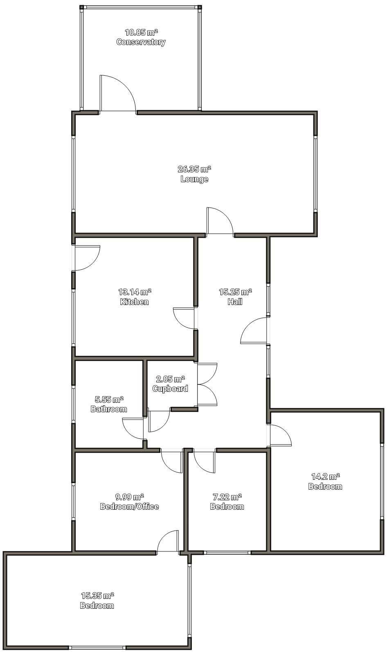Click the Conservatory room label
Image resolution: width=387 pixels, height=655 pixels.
(x=141, y=42)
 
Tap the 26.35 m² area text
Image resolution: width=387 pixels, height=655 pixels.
(x=194, y=169)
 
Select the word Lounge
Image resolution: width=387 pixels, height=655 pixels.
(x=194, y=179)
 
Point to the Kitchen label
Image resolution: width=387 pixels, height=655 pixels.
(x=135, y=302)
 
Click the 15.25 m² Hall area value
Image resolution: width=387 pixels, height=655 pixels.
(x=236, y=292)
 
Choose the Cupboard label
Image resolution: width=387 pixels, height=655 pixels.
(x=170, y=388)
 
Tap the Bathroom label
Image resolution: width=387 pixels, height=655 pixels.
(x=109, y=409)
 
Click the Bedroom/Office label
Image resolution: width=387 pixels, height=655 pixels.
(x=130, y=506)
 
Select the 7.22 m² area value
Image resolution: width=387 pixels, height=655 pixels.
(x=227, y=497)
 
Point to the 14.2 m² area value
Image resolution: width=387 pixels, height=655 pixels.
(x=325, y=477)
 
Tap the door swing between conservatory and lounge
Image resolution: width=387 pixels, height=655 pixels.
(x=118, y=93)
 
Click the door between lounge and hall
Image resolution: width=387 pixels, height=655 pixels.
(x=220, y=221)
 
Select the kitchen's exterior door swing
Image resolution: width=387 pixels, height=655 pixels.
(x=88, y=257)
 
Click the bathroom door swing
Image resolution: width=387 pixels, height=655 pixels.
(x=133, y=429)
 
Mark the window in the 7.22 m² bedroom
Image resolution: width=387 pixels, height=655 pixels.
(x=227, y=553)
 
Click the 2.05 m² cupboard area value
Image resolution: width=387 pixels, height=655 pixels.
(x=170, y=379)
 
